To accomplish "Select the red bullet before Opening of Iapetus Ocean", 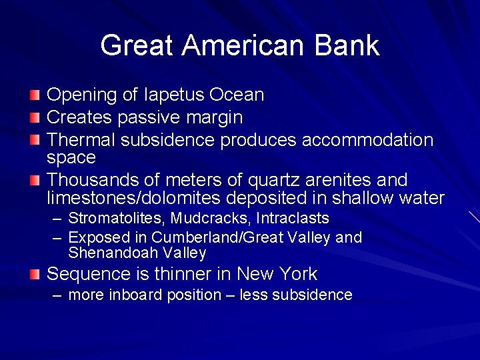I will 35,95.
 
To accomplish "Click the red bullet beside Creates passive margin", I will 35,118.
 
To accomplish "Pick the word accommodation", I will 368,140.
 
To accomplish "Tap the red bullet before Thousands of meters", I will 35,181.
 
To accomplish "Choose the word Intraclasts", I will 293,218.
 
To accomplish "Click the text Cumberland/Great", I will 207,237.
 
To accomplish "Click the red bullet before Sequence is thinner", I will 35,275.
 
